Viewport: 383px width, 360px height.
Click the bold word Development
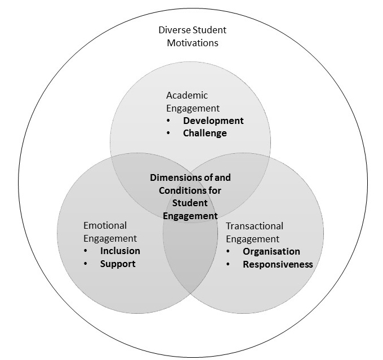(x=213, y=121)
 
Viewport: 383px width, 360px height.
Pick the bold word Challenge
(x=205, y=133)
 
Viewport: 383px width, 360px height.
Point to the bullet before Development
(x=168, y=121)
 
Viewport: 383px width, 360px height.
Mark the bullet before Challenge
(x=168, y=133)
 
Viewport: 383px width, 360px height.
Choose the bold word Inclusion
(x=120, y=251)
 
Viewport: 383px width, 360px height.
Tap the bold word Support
(x=118, y=264)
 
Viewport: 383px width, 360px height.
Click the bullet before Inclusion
(x=85, y=251)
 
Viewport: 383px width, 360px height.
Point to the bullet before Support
(x=85, y=264)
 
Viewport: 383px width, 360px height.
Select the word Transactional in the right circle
(x=253, y=226)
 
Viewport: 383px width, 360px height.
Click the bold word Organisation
(x=271, y=251)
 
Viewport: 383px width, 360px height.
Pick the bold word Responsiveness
(x=278, y=264)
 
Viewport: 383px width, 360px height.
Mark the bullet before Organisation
(x=228, y=251)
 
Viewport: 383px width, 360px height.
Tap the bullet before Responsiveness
(x=228, y=264)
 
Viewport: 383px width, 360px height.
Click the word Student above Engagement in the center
(x=190, y=203)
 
